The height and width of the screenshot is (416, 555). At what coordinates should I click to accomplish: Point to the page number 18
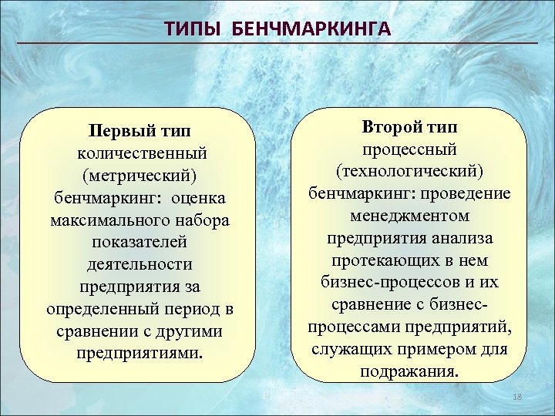517,396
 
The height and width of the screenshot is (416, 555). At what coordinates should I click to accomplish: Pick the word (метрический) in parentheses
139,176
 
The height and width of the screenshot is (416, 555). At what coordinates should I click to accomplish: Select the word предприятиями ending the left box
141,354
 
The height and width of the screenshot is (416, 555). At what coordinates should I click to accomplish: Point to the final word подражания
409,371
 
